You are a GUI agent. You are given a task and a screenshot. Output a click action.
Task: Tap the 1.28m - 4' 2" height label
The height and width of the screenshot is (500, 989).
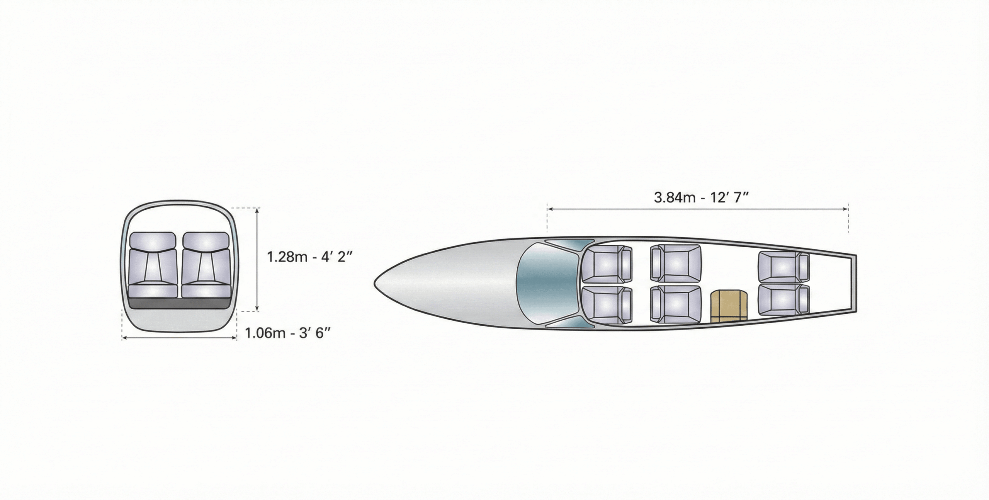(x=309, y=257)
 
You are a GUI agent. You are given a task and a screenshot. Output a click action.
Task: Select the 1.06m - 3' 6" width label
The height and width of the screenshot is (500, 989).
(x=288, y=333)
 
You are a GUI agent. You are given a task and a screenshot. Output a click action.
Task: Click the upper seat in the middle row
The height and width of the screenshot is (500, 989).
(x=676, y=264)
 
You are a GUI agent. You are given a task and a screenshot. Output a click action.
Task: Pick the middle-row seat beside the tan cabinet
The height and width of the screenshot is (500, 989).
(x=676, y=304)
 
